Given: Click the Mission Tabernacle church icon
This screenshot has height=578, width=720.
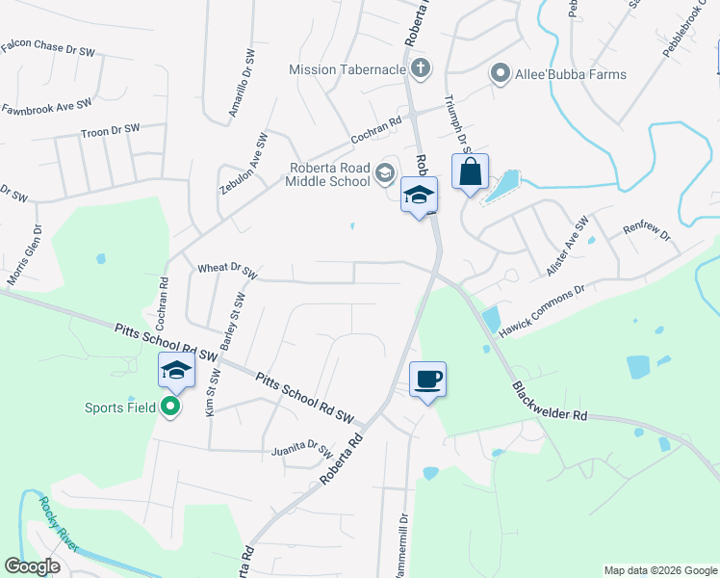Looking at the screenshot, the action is coord(419,68).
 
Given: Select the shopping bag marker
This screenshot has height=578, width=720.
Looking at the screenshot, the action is coord(470,173).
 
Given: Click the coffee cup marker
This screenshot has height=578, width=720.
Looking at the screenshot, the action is coord(427,379).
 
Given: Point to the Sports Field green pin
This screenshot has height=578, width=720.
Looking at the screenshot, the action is coord(171,407).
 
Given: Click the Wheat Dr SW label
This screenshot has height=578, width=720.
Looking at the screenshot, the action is coord(227,272).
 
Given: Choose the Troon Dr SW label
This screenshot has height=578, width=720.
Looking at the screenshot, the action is coord(110,129).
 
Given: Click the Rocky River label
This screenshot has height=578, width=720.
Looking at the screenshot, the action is coord(58,525).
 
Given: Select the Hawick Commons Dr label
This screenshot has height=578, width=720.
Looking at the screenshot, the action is coord(542,310).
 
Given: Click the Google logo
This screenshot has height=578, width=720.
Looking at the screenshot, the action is coord(33,565).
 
